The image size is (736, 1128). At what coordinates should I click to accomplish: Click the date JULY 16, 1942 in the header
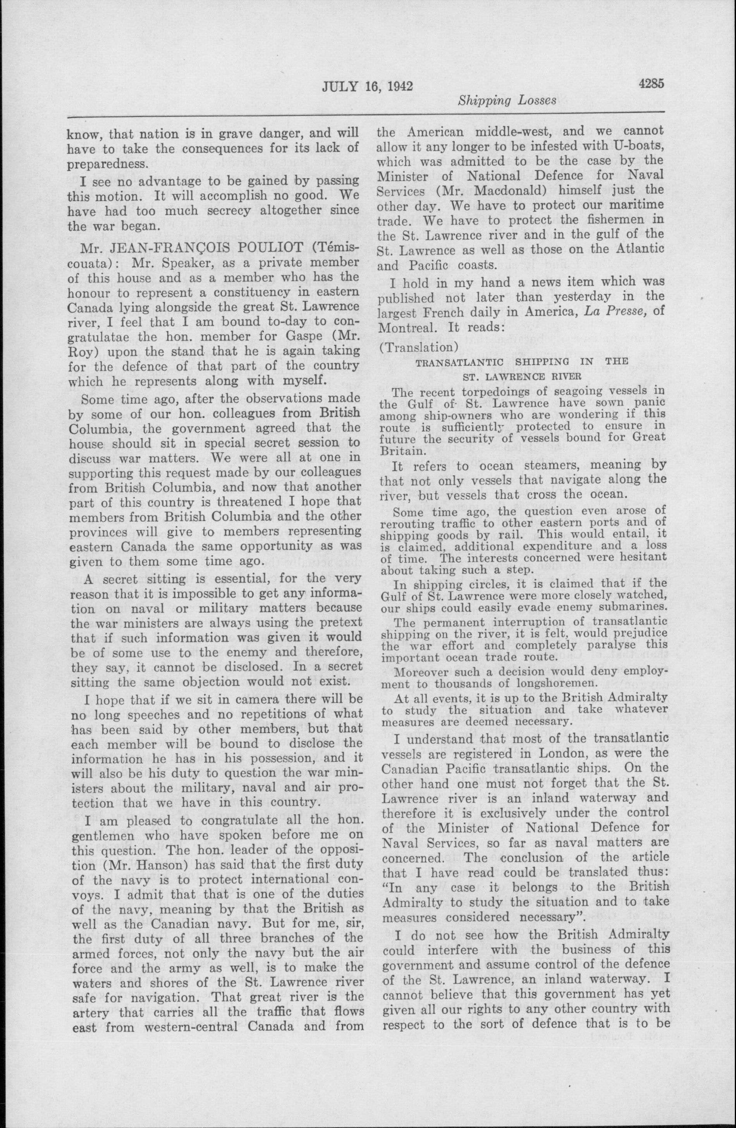click(368, 86)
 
